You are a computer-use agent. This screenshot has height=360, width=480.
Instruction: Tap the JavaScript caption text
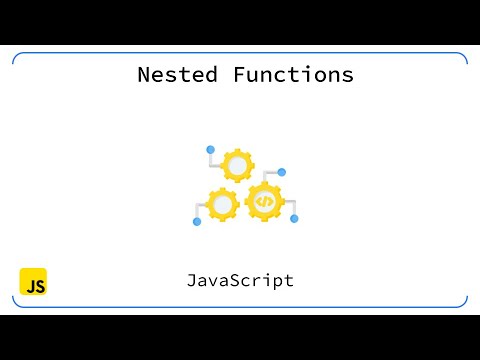[240, 280]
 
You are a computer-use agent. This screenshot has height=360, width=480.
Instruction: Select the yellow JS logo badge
[33, 282]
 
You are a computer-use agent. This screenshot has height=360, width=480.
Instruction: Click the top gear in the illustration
[238, 165]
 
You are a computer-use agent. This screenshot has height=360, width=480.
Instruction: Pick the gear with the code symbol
[264, 201]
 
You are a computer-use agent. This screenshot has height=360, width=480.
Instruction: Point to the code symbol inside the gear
[264, 201]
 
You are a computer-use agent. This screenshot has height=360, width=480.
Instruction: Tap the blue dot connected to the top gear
[210, 149]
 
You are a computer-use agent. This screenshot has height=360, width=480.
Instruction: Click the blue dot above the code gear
[282, 172]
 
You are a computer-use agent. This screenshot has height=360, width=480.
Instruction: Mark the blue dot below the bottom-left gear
[197, 221]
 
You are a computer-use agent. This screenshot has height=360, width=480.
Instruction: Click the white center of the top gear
[238, 165]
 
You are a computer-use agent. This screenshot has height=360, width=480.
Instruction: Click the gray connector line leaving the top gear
[214, 158]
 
